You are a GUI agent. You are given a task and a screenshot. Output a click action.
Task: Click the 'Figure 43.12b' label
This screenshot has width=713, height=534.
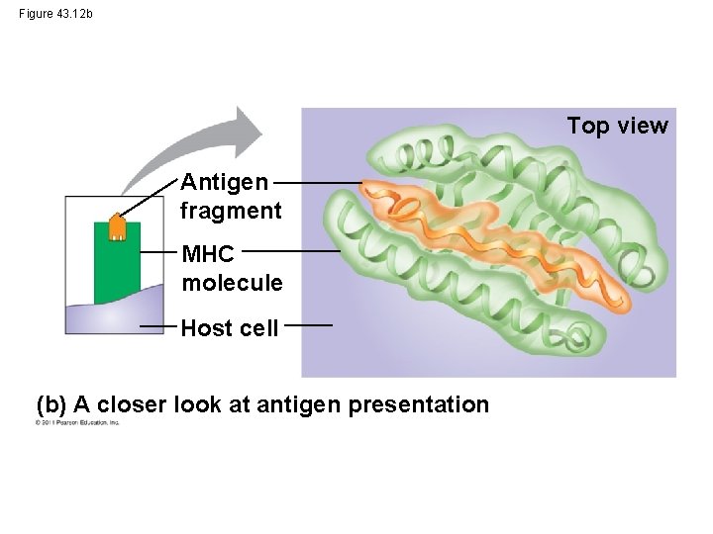click(56, 14)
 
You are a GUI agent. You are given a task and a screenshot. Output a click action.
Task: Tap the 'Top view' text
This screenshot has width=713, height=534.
click(617, 126)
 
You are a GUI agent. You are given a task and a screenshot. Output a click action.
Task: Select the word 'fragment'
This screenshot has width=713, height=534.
click(231, 211)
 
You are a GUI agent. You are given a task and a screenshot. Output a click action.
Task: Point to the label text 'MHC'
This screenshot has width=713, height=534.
click(208, 254)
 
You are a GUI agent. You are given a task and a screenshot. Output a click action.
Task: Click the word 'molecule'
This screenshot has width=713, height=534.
click(232, 283)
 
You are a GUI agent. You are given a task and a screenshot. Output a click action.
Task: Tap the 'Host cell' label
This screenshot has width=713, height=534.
click(230, 328)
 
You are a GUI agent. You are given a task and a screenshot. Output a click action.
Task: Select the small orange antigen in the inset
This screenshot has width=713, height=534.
click(117, 226)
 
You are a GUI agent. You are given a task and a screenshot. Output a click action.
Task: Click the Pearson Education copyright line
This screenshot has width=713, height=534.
click(77, 422)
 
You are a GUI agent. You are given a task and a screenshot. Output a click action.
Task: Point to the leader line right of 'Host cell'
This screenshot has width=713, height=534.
click(315, 324)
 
